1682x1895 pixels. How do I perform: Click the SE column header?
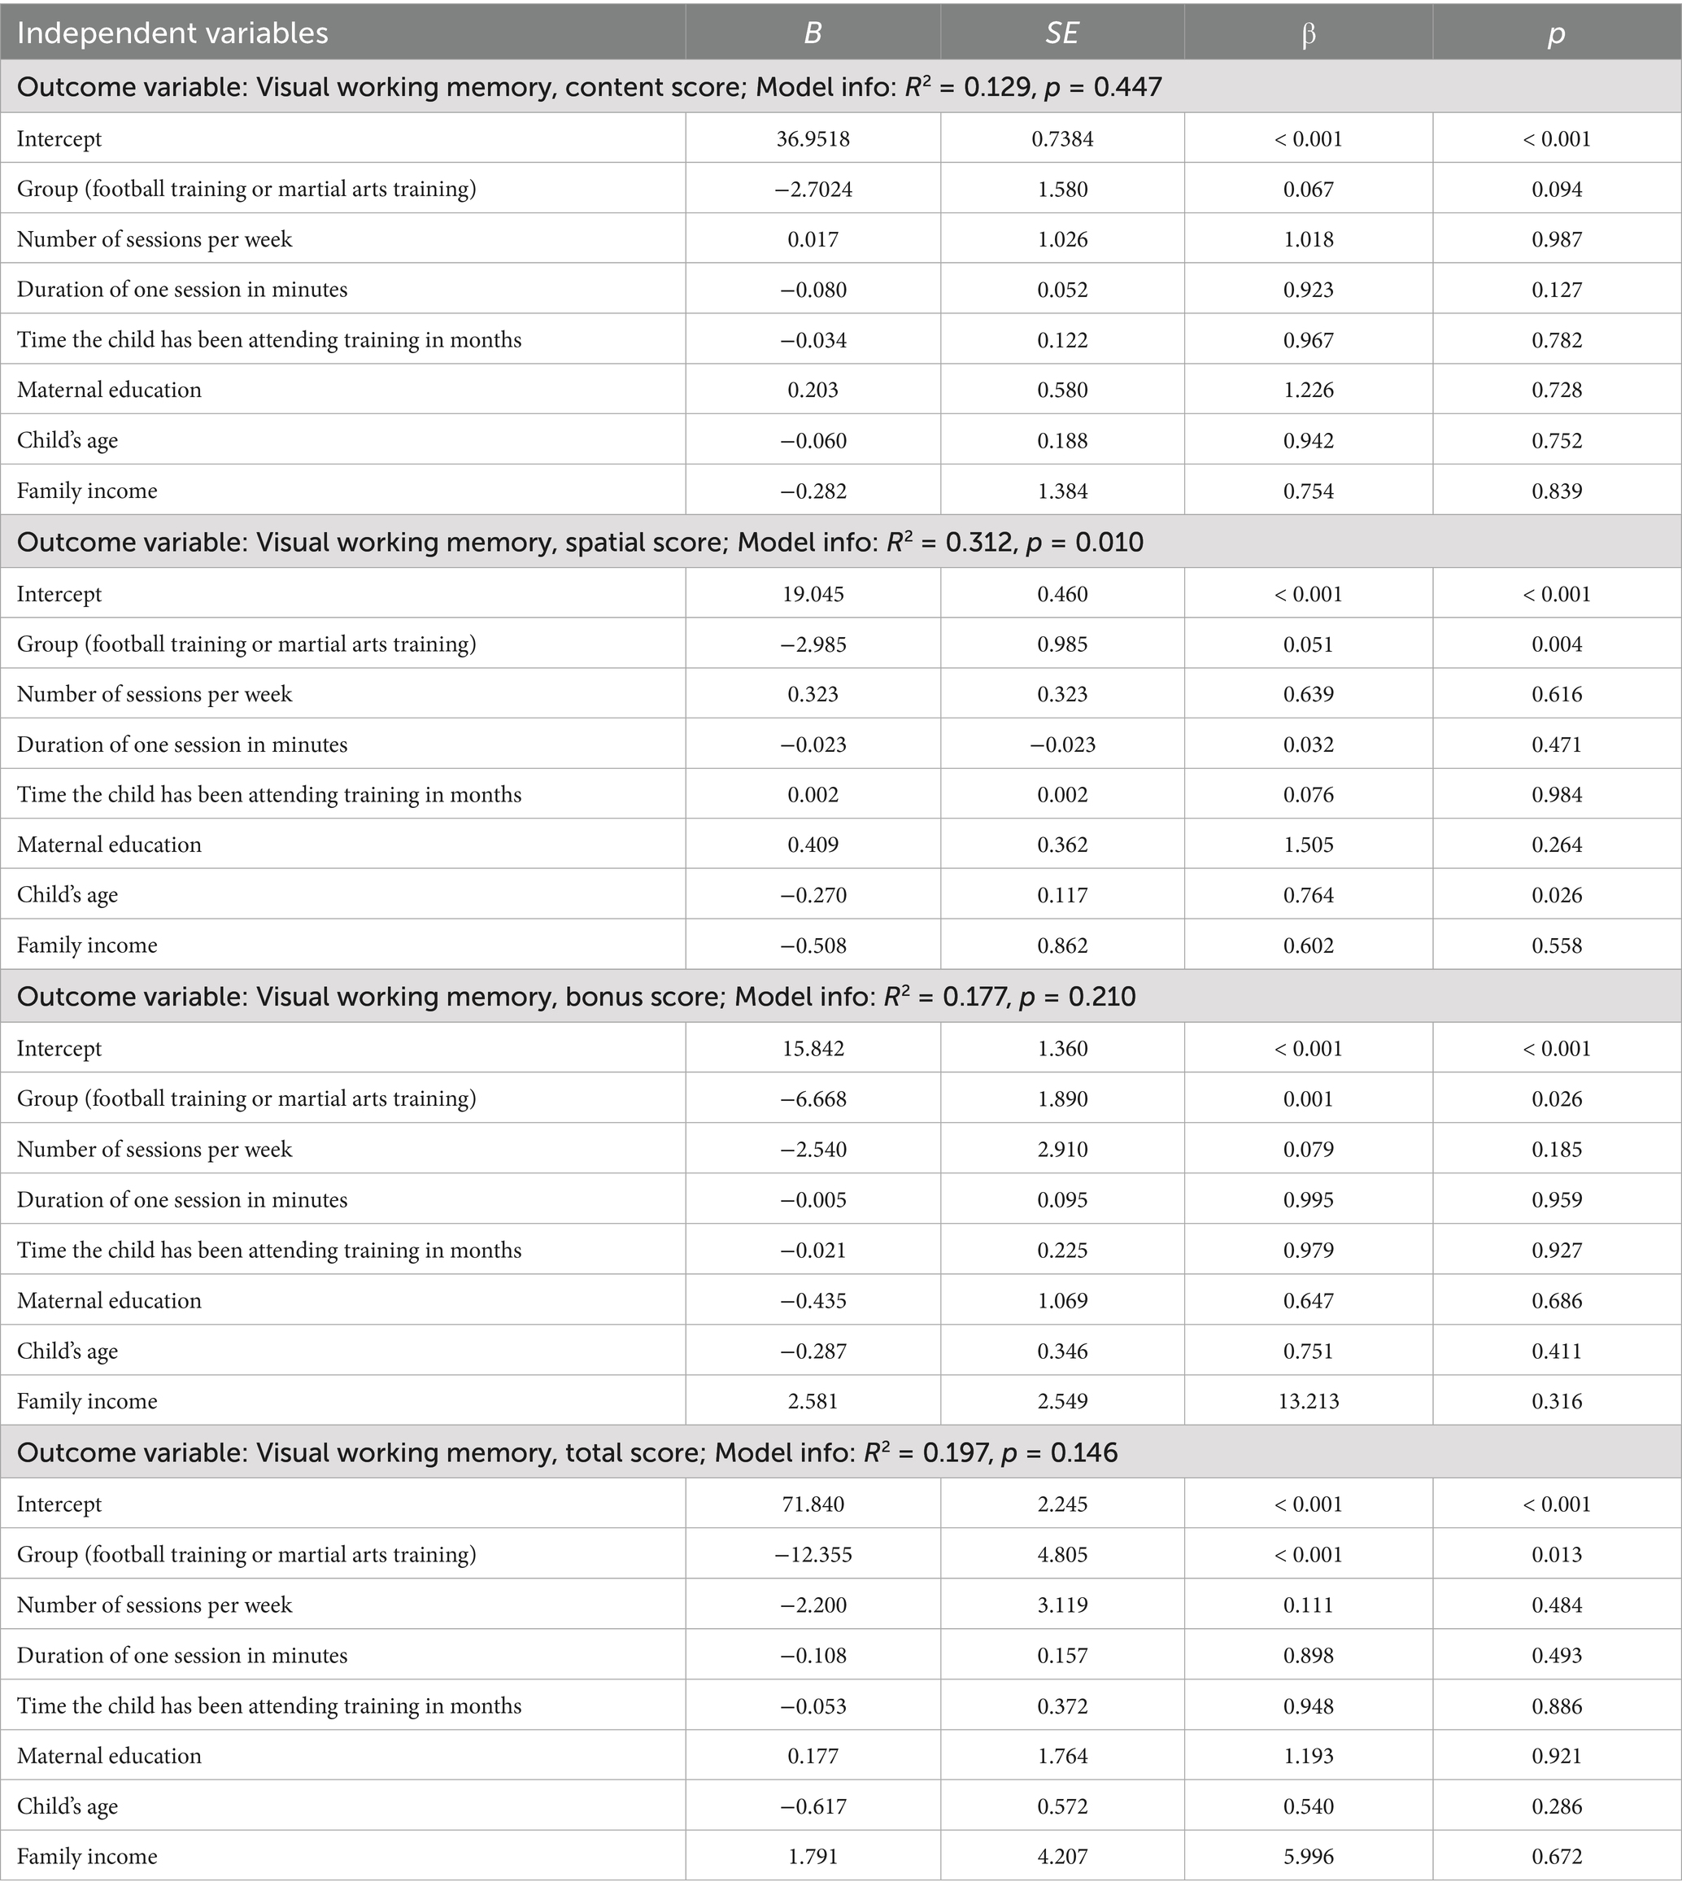tap(1062, 33)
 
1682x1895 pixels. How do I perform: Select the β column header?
tap(1309, 33)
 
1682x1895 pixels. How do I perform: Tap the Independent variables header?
tap(172, 33)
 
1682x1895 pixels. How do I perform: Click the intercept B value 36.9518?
tap(813, 139)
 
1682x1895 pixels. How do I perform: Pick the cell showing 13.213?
tap(1309, 1401)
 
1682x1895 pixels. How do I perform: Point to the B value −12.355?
tap(813, 1555)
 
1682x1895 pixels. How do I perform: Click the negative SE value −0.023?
tap(1062, 744)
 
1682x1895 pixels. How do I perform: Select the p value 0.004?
tap(1557, 644)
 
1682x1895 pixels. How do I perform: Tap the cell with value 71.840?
tap(813, 1504)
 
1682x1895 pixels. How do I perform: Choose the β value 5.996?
tap(1309, 1856)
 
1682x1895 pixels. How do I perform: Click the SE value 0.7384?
tap(1062, 139)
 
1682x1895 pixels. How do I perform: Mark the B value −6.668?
tap(813, 1098)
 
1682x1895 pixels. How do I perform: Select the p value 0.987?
tap(1557, 239)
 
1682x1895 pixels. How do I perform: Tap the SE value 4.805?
tap(1062, 1555)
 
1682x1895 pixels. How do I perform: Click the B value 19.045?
tap(813, 594)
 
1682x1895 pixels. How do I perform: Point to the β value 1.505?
tap(1309, 845)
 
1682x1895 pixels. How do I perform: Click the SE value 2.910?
tap(1062, 1150)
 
